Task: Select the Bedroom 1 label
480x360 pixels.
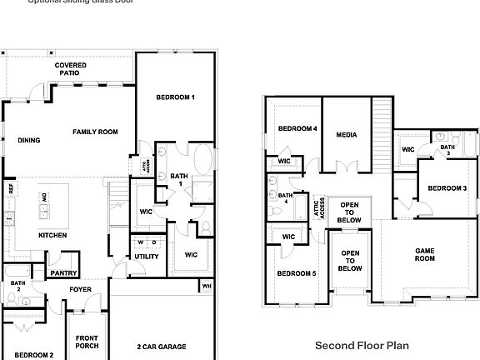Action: [x=175, y=97]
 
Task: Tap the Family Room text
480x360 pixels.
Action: [x=94, y=132]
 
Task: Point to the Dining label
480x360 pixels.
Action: [x=29, y=140]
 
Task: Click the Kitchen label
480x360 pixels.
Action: [x=52, y=235]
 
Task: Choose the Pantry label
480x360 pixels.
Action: [x=63, y=272]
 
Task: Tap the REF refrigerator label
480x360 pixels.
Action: [x=12, y=189]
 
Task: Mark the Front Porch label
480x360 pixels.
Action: [x=87, y=342]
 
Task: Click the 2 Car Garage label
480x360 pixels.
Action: [x=161, y=346]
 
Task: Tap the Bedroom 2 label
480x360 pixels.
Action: [x=33, y=354]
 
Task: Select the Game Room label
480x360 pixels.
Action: [x=425, y=254]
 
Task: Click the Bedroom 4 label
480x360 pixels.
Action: [x=297, y=128]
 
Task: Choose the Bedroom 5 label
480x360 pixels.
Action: [x=297, y=273]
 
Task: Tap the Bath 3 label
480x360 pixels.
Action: [x=447, y=150]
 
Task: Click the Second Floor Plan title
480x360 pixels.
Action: [x=362, y=344]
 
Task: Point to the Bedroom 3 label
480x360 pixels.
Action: [x=447, y=188]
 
